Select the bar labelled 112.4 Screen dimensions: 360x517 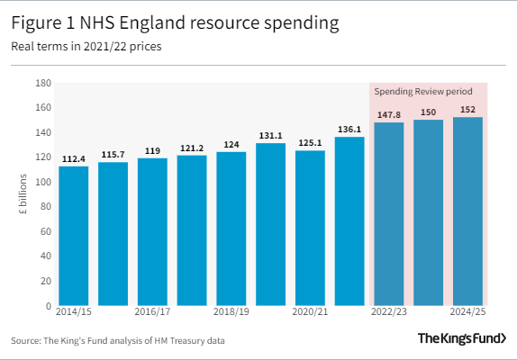(x=74, y=236)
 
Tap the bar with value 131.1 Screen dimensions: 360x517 (x=270, y=224)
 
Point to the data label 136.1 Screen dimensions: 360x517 (x=349, y=129)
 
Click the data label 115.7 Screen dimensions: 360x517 (x=113, y=155)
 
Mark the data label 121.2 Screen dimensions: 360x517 (x=192, y=148)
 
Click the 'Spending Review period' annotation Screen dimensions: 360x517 (x=429, y=92)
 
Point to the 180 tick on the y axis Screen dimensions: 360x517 (x=41, y=84)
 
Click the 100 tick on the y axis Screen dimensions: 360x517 (x=41, y=183)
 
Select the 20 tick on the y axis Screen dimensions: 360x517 (x=44, y=282)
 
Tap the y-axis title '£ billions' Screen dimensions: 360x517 (x=23, y=194)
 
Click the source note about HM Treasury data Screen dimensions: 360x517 (x=118, y=340)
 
